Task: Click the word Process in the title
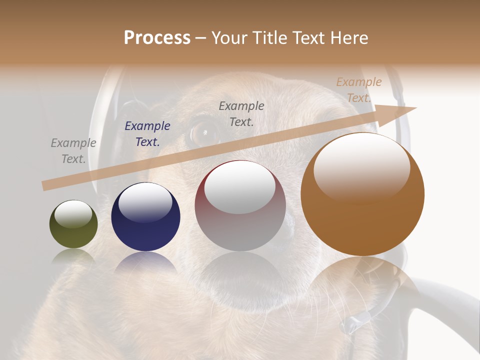click(x=157, y=38)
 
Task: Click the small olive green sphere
click(x=73, y=224)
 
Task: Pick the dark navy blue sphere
click(x=145, y=217)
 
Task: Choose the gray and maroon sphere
click(x=240, y=206)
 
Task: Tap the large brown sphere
click(x=362, y=194)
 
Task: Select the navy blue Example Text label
click(x=147, y=134)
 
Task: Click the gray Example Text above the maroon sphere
click(x=241, y=113)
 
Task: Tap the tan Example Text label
click(x=359, y=90)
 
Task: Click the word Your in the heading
click(x=230, y=38)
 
